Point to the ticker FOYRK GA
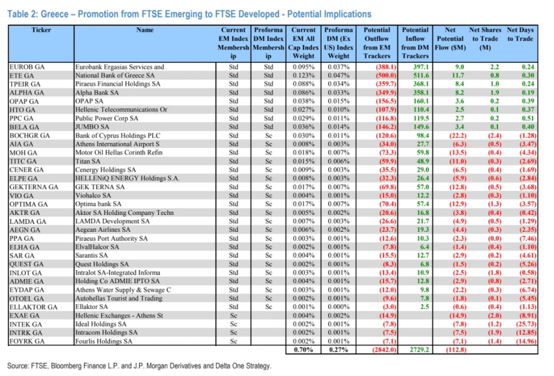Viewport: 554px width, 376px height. coord(26,342)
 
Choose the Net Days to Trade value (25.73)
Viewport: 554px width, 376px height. coord(525,324)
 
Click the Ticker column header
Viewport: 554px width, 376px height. coord(40,30)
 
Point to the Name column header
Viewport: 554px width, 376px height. coord(145,30)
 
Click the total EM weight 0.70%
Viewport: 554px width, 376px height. coord(303,350)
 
